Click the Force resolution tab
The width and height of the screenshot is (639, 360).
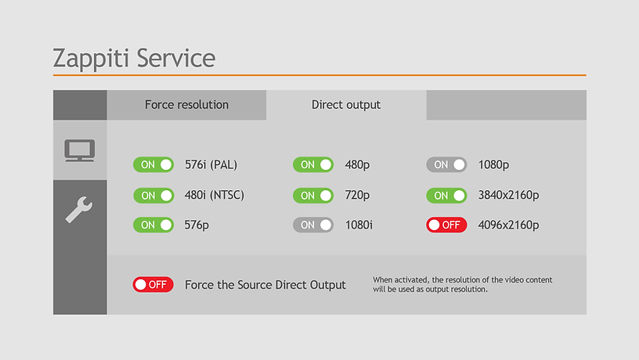tap(186, 105)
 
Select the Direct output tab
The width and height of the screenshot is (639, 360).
tap(346, 105)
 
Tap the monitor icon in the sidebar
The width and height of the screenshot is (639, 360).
tap(80, 150)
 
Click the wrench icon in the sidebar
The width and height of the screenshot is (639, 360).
tap(79, 209)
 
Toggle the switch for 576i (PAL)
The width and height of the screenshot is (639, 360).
tap(153, 164)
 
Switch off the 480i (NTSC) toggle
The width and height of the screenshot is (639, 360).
tap(153, 196)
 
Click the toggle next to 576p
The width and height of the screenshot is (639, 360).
tap(153, 225)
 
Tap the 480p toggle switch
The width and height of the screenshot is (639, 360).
tap(313, 164)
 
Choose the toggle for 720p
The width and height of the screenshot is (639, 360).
tap(313, 196)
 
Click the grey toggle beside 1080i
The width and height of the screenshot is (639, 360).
tap(313, 225)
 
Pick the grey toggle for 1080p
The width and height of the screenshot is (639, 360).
tap(446, 164)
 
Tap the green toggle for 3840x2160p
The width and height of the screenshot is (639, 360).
tap(446, 196)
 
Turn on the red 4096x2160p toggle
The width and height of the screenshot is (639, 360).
tap(446, 225)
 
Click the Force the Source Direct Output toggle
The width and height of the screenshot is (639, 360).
tap(153, 285)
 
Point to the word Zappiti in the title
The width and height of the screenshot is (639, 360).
tap(91, 58)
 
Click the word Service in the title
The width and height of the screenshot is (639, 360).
tap(176, 58)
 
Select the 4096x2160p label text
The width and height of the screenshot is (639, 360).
tap(508, 225)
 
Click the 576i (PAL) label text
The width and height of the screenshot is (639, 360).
tap(211, 165)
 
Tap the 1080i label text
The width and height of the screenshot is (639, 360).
tap(359, 225)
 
